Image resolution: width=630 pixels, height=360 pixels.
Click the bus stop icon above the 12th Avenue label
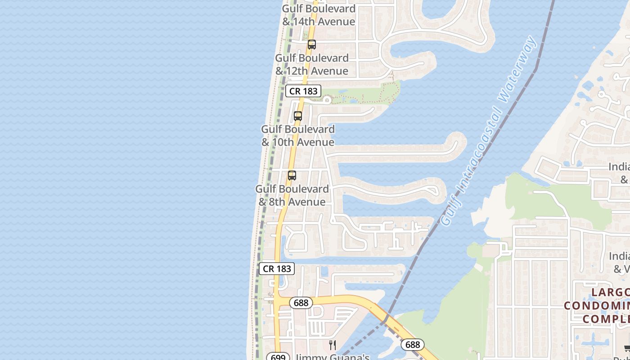(x=311, y=45)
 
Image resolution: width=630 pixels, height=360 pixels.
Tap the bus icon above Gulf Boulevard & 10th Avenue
(x=297, y=116)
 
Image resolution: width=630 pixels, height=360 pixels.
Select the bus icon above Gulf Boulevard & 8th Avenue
(x=292, y=175)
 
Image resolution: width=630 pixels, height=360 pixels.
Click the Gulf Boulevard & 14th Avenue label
(x=319, y=15)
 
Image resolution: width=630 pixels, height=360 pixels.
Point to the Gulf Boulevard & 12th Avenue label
(x=312, y=64)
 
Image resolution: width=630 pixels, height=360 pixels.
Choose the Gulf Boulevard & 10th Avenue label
(x=298, y=135)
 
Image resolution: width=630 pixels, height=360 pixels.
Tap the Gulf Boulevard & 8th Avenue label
(x=292, y=195)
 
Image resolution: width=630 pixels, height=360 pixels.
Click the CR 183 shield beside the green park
(x=303, y=91)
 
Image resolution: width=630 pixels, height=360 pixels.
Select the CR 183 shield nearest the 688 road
(x=277, y=269)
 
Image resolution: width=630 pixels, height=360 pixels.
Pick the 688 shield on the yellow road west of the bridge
(x=301, y=303)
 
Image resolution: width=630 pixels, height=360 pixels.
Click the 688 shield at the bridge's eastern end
(x=412, y=345)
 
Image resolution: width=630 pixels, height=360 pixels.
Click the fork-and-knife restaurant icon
(x=333, y=345)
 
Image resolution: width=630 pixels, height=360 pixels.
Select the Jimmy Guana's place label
(x=333, y=357)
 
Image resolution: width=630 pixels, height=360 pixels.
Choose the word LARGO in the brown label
(x=610, y=292)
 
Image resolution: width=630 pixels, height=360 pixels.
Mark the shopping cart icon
(x=627, y=348)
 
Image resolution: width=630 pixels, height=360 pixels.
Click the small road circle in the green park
(x=327, y=100)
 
